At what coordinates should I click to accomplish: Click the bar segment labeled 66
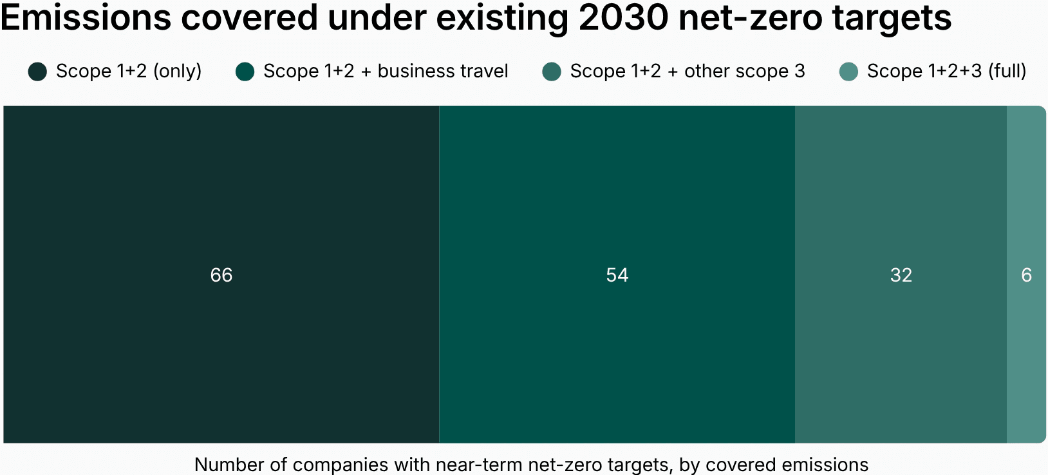tap(221, 193)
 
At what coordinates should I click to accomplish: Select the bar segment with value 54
tap(617, 193)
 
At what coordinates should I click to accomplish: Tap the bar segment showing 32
tap(901, 193)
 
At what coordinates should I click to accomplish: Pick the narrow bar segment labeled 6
tap(1026, 193)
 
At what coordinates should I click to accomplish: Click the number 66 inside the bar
tap(221, 275)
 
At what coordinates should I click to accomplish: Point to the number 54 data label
tap(617, 275)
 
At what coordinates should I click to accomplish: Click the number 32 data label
tap(901, 275)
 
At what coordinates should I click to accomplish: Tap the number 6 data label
tap(1026, 275)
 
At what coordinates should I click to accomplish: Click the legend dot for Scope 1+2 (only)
tap(37, 72)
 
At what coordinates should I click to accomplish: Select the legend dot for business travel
tap(245, 72)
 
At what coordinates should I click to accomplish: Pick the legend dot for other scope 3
tap(552, 72)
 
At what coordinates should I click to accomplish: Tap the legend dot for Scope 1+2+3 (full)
tap(848, 72)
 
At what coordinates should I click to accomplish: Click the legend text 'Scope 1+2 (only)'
tap(129, 71)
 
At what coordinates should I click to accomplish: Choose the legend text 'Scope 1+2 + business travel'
tap(386, 71)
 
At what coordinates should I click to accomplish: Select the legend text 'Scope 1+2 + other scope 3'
tap(687, 71)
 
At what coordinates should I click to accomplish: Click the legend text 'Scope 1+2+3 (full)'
tap(946, 71)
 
